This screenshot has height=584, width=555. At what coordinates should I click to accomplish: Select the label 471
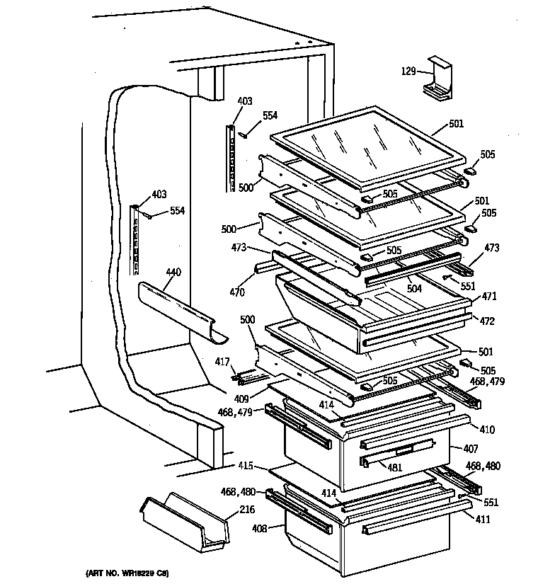coord(489,297)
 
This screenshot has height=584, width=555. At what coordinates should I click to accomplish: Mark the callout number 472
coord(488,321)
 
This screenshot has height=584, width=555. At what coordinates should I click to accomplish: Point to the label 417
coord(223,362)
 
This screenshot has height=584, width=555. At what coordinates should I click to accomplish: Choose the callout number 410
coord(488,429)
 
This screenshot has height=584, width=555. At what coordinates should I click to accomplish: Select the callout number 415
coord(245,466)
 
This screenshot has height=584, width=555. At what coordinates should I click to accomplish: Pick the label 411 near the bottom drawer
coord(484,519)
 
